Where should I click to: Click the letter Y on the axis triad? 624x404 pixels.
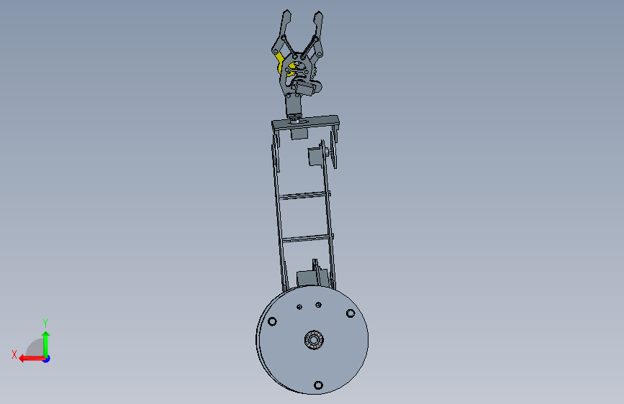[x=45, y=323]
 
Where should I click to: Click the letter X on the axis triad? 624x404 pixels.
[x=14, y=354]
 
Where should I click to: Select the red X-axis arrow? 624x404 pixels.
[x=32, y=359]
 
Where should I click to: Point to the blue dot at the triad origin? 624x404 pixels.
[x=47, y=359]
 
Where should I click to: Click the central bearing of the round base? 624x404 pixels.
[x=314, y=340]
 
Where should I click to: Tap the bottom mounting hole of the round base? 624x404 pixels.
[x=318, y=385]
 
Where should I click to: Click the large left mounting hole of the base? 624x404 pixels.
[x=272, y=321]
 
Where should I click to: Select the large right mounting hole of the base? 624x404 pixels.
[x=351, y=313]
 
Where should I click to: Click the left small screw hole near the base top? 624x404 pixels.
[x=299, y=306]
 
